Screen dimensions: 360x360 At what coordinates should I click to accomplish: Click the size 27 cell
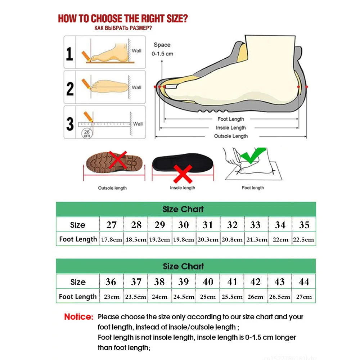(112, 225)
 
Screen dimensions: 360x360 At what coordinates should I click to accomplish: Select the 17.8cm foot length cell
(112, 239)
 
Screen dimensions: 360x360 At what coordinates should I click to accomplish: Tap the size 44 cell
(304, 282)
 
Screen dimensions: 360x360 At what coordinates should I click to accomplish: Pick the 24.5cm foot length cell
(184, 297)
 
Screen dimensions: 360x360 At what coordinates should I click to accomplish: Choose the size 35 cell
(304, 225)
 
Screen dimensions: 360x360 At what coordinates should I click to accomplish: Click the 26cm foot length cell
(256, 297)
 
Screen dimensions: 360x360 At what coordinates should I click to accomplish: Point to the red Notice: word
(78, 317)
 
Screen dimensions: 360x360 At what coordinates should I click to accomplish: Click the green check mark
(252, 156)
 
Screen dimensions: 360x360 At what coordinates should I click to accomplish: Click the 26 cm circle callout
(87, 134)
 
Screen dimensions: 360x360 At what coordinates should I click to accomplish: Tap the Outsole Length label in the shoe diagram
(231, 136)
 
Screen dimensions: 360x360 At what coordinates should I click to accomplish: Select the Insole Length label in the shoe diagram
(231, 128)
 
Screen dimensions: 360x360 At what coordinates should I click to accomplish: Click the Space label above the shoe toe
(162, 45)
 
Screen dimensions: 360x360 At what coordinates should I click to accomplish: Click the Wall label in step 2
(137, 87)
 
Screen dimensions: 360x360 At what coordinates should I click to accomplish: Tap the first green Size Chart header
(183, 209)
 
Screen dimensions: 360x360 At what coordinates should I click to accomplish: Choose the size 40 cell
(208, 282)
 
